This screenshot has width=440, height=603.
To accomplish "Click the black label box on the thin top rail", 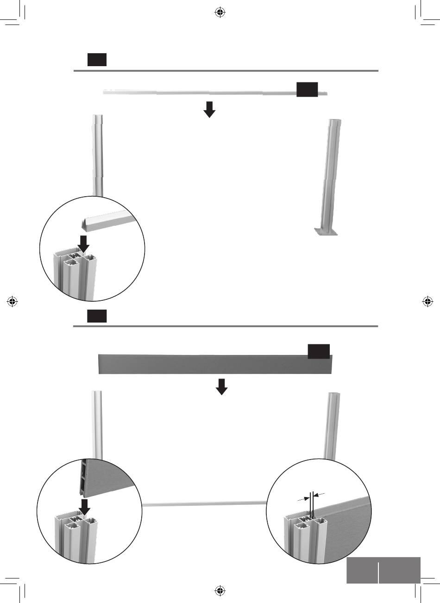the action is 307,90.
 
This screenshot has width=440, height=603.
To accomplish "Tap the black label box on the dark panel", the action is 319,351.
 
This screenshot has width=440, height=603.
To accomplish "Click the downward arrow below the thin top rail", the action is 210,109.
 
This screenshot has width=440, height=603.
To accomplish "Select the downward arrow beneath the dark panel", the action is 222,386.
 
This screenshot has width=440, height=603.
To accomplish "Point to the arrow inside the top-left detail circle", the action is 83,243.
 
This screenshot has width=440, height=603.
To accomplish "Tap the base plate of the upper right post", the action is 327,231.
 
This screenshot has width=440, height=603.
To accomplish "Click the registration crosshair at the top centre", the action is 220,12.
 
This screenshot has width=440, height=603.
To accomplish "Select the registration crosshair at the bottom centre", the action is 220,590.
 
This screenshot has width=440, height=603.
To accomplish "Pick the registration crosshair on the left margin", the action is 13,301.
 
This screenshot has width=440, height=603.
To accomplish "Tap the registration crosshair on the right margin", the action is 427,301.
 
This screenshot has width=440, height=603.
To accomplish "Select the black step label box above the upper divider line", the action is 97,60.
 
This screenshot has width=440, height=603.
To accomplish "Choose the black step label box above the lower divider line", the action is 97,316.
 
